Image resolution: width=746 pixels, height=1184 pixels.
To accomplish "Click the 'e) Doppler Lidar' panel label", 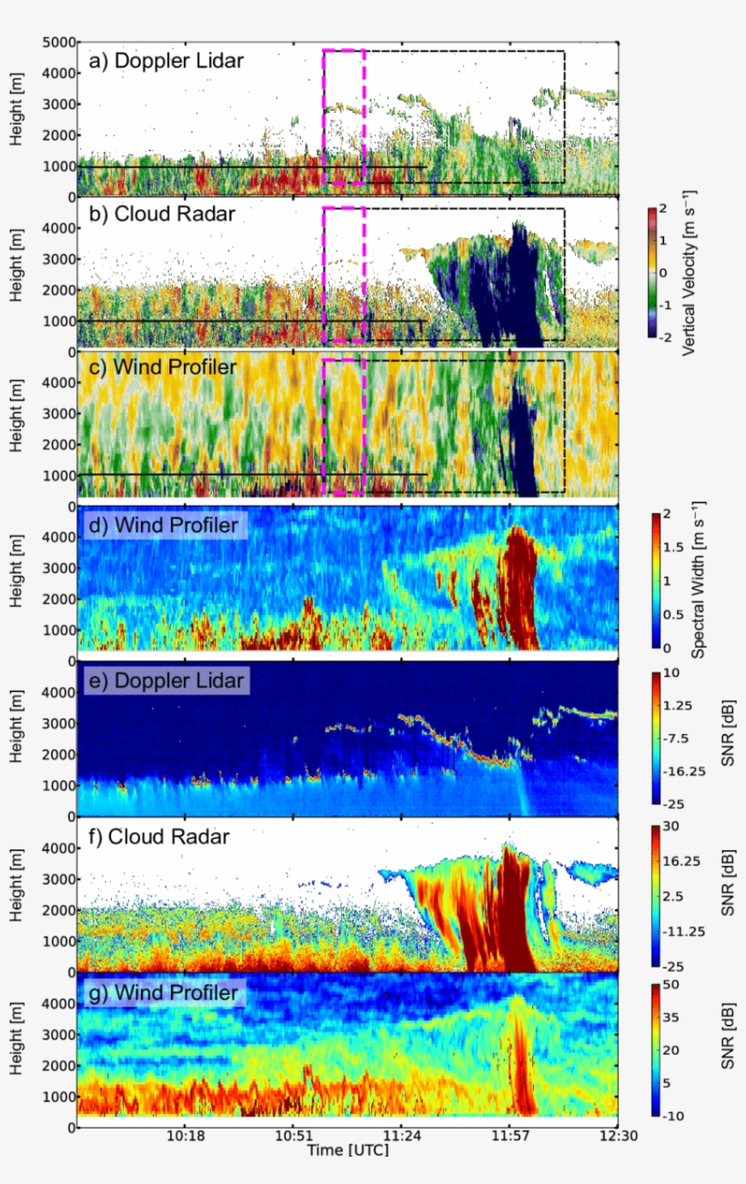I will (165, 680).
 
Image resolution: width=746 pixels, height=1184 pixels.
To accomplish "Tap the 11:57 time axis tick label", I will (509, 1137).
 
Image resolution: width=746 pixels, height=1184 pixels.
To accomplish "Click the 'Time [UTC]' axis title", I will (349, 1150).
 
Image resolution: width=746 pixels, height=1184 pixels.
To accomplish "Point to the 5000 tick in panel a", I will (57, 43).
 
